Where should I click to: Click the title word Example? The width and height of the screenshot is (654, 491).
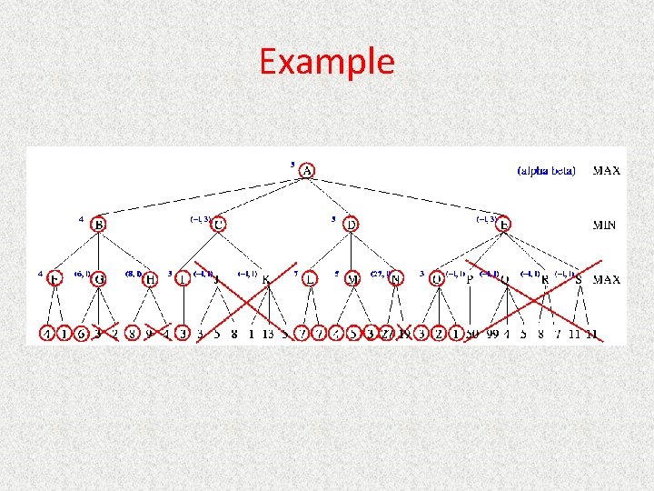(327, 62)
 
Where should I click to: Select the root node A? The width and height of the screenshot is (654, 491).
(308, 171)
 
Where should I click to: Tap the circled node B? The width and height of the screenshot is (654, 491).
(98, 225)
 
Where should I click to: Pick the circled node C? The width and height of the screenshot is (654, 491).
(219, 225)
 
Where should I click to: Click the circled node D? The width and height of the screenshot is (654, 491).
(351, 225)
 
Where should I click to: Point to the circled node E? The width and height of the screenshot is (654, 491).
(505, 225)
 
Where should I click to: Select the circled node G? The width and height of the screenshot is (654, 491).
(98, 279)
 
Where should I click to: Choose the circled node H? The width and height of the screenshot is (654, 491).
(151, 279)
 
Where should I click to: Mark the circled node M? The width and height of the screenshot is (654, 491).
(352, 279)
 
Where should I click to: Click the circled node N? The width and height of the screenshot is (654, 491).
(394, 279)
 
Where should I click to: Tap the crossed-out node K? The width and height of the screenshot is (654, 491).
(265, 280)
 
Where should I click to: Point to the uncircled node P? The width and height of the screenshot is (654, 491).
(469, 280)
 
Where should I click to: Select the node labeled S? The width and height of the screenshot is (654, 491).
(578, 280)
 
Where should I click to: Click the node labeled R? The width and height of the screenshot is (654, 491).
(544, 280)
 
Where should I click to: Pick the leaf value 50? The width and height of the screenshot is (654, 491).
(472, 334)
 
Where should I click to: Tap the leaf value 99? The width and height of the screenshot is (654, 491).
(493, 334)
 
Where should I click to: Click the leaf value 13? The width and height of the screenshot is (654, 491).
(267, 334)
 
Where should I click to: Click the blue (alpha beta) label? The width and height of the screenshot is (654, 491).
(546, 170)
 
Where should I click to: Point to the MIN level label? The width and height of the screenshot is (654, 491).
(605, 225)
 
